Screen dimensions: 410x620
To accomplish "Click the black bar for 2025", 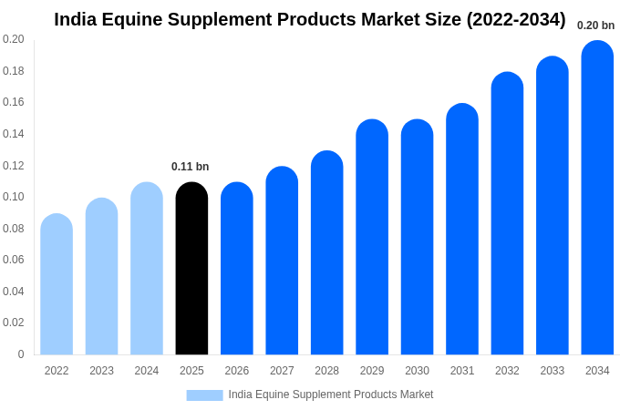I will (x=191, y=269).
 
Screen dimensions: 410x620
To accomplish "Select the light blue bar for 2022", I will (x=57, y=284).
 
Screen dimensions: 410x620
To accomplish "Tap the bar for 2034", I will (x=597, y=198).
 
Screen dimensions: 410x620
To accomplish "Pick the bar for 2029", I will (x=372, y=237).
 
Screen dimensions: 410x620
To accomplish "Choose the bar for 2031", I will (x=462, y=230).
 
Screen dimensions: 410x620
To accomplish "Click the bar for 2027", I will (x=282, y=261).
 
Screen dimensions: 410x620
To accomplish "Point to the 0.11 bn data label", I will (x=191, y=167).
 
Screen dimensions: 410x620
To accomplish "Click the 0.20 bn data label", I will (x=595, y=26).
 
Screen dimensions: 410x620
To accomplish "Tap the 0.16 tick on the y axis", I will (x=14, y=102).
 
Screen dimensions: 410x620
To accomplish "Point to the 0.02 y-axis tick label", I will (x=14, y=323).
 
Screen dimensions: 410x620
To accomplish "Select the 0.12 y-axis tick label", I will (x=14, y=166).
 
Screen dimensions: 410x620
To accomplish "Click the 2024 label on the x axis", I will (x=147, y=371).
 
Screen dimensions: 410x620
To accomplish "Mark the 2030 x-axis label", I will (x=417, y=371).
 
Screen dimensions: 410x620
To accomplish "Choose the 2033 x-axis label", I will (x=552, y=371).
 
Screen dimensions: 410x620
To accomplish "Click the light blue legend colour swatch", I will (x=204, y=395).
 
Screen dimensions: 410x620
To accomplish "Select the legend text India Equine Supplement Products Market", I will (x=331, y=395).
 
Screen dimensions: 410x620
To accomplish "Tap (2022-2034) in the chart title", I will (x=516, y=19).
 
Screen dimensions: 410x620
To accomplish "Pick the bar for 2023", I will (x=102, y=276).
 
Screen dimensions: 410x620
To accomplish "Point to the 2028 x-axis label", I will (x=326, y=371).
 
